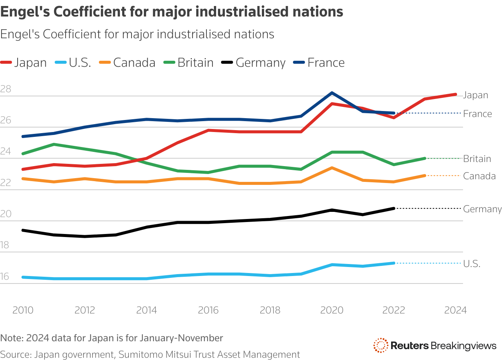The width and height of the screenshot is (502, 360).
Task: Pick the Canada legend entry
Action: click(x=127, y=63)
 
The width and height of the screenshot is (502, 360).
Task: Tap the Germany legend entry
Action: click(x=254, y=63)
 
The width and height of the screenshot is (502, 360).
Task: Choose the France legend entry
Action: click(x=319, y=63)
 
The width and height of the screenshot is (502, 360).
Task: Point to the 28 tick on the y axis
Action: click(x=6, y=89)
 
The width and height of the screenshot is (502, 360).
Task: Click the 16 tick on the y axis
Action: click(x=5, y=277)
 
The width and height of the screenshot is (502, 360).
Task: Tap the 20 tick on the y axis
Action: click(x=6, y=214)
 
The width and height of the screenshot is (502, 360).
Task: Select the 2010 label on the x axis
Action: click(x=23, y=310)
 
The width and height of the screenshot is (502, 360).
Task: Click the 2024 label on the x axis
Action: click(x=455, y=310)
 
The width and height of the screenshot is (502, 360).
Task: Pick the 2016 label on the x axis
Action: click(x=208, y=310)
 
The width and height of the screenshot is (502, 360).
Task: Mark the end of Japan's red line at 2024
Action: click(x=456, y=94)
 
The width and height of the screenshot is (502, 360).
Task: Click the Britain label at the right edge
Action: click(x=477, y=159)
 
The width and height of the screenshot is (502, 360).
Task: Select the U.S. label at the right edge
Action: click(x=472, y=264)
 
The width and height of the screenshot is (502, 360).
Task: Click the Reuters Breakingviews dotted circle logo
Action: click(x=381, y=345)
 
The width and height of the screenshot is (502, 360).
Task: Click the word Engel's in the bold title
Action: click(x=25, y=12)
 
